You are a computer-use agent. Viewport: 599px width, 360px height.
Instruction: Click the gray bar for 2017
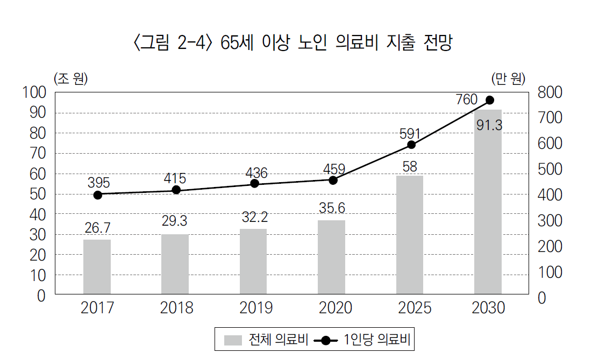point(97,267)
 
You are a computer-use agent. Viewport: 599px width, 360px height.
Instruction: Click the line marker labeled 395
point(98,195)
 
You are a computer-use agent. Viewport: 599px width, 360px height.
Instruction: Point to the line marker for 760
point(490,100)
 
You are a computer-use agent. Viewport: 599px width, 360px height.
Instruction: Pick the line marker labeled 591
point(411,145)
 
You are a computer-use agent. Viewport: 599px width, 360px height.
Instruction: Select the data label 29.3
point(175,221)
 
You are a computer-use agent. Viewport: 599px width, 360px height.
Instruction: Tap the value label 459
point(333,168)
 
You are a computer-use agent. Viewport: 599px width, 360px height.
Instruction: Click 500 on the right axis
point(549,170)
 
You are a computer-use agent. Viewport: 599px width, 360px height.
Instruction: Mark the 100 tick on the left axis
point(35,92)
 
